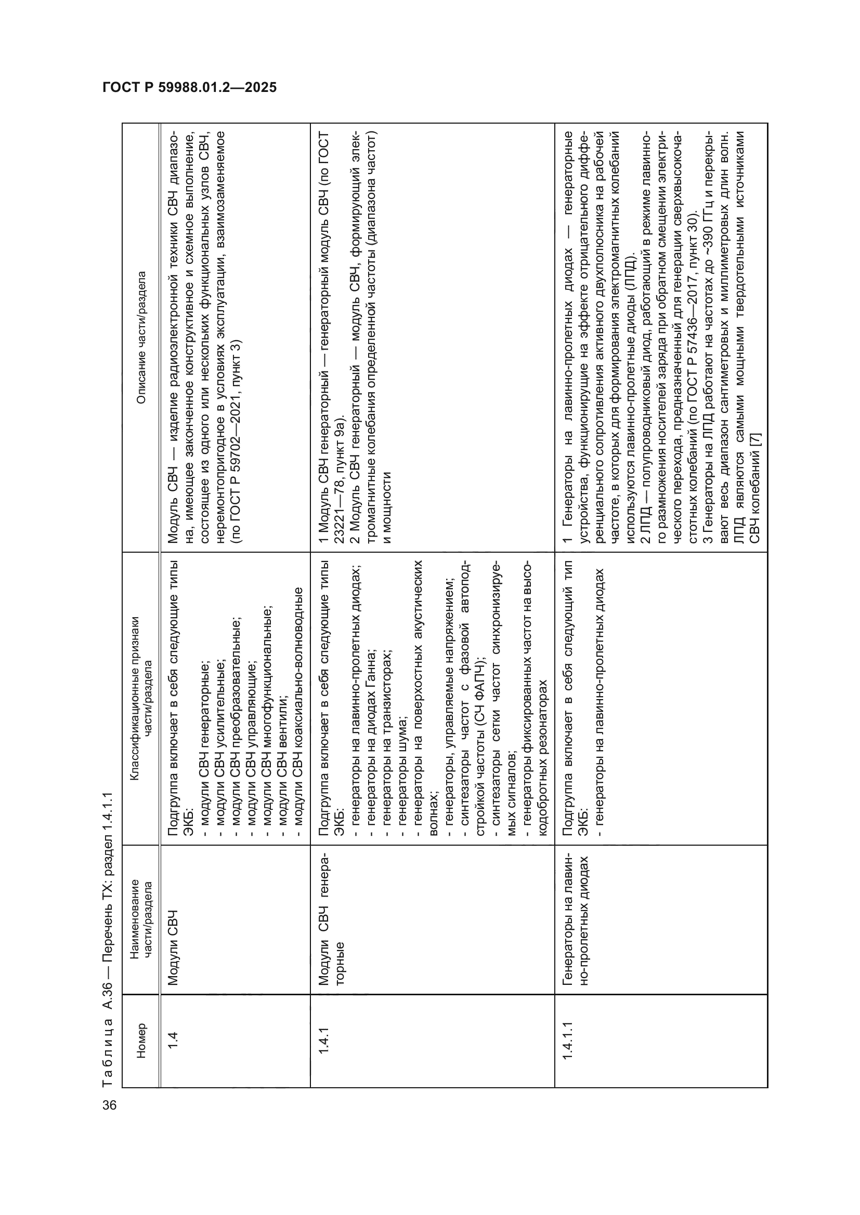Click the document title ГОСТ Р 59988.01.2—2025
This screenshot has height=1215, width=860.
click(190, 87)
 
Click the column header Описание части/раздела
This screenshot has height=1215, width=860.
click(140, 338)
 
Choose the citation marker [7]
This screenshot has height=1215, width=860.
click(755, 441)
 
